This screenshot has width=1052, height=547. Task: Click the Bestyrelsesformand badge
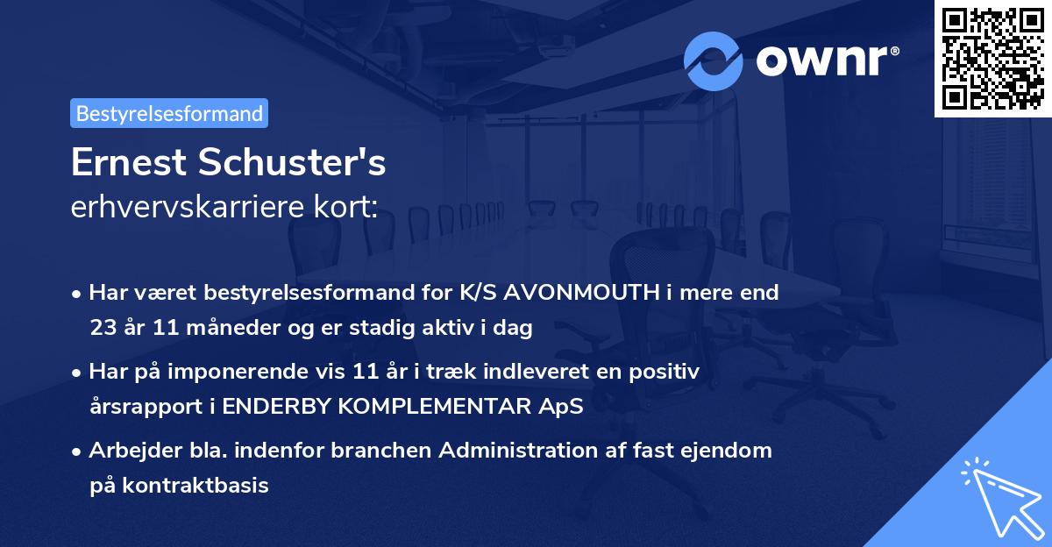pyautogui.click(x=169, y=113)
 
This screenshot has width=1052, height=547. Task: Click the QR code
pyautogui.click(x=992, y=58)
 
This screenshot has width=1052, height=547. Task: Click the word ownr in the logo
pyautogui.click(x=825, y=60)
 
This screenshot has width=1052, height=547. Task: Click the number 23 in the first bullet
pyautogui.click(x=102, y=328)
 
